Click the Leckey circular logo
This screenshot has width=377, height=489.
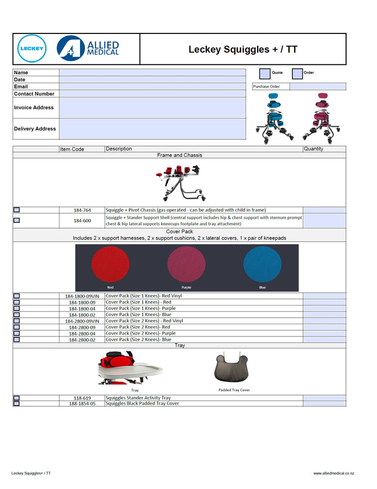[32, 49]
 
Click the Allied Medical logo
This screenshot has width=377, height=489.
[88, 48]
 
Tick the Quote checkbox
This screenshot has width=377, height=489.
[264, 74]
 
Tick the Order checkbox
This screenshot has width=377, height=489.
[297, 74]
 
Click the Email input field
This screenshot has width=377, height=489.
[152, 87]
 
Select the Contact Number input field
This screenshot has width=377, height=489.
[152, 93]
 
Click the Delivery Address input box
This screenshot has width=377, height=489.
[152, 129]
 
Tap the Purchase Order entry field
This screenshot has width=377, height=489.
[318, 87]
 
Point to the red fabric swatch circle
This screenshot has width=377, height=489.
[110, 265]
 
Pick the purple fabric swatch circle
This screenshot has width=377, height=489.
[186, 265]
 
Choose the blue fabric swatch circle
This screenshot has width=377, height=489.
[262, 265]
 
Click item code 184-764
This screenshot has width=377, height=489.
[82, 210]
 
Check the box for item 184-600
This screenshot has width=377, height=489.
[17, 220]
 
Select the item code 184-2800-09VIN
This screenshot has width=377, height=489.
[82, 321]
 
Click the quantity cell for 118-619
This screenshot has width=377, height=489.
[324, 398]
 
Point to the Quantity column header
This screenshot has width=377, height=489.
[314, 149]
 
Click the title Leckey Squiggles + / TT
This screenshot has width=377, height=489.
[243, 49]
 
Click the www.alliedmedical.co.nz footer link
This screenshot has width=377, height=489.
[333, 473]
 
